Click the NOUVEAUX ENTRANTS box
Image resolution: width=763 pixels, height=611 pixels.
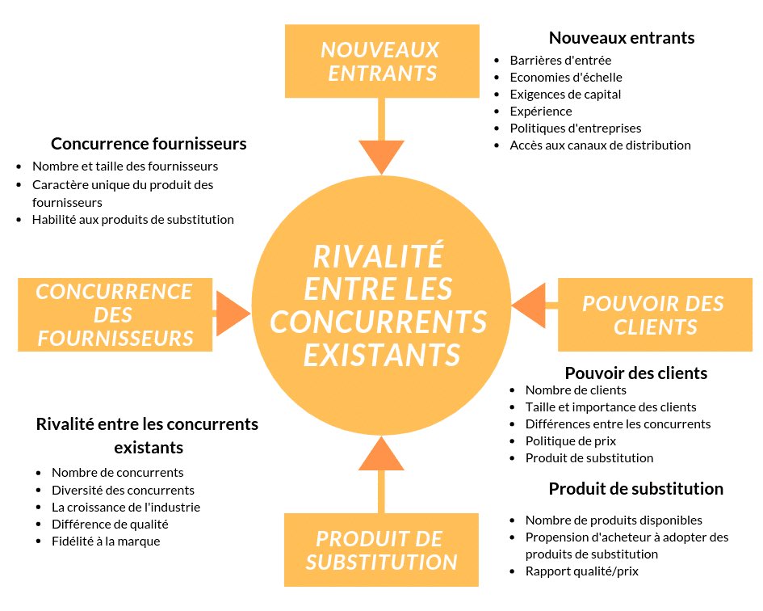pyautogui.click(x=380, y=61)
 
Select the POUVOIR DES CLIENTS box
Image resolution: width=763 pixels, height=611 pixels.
pyautogui.click(x=655, y=315)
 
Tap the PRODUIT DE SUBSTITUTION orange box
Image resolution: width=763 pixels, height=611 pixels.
pyautogui.click(x=381, y=550)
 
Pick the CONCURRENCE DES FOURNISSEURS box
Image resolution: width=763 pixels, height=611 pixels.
pyautogui.click(x=115, y=314)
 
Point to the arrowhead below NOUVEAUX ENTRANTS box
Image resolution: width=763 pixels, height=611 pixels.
pyautogui.click(x=380, y=156)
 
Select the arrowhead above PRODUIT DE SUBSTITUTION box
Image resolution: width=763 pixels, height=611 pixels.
pyautogui.click(x=381, y=454)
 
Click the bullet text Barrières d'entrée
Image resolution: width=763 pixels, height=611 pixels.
pyautogui.click(x=560, y=61)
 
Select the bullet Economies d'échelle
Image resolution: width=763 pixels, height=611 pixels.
pyautogui.click(x=566, y=78)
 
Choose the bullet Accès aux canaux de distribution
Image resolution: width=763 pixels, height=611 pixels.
pyautogui.click(x=600, y=145)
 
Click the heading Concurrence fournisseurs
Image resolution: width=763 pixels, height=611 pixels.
pyautogui.click(x=149, y=144)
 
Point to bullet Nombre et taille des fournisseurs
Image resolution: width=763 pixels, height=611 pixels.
pyautogui.click(x=125, y=166)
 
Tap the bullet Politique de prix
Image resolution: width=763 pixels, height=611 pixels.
pyautogui.click(x=570, y=441)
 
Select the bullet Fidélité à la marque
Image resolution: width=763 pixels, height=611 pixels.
pyautogui.click(x=106, y=541)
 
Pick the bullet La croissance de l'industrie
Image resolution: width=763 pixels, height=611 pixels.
pyautogui.click(x=125, y=508)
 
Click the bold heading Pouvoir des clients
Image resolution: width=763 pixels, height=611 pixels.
pyautogui.click(x=636, y=373)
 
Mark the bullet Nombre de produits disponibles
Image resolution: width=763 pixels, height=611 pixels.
pyautogui.click(x=614, y=520)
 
